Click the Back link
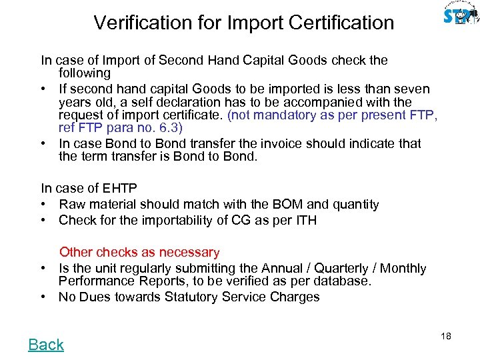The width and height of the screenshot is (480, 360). [46, 345]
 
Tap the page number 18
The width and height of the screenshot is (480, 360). [446, 336]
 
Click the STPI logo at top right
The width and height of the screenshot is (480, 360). [460, 15]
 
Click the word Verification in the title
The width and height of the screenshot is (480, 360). [137, 23]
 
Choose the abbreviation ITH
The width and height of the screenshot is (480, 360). [304, 220]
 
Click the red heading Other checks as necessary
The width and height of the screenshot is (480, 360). [139, 252]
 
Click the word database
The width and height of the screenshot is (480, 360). [343, 281]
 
